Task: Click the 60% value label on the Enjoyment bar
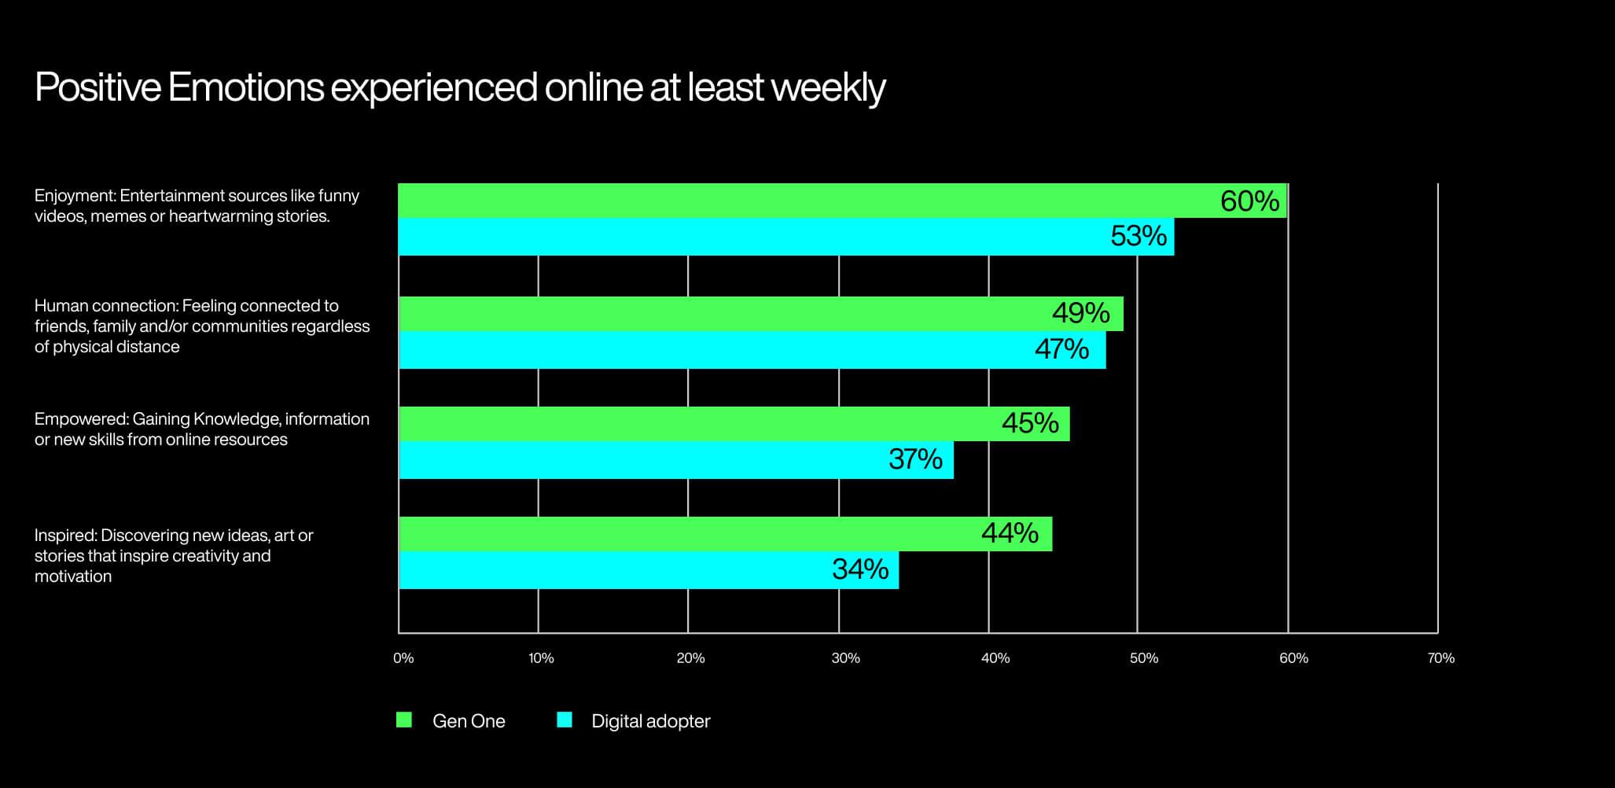pyautogui.click(x=1249, y=201)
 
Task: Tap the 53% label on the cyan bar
pyautogui.click(x=1138, y=236)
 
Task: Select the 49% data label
pyautogui.click(x=1080, y=313)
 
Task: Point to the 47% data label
pyautogui.click(x=1061, y=348)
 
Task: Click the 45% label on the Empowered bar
pyautogui.click(x=1030, y=423)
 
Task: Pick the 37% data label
pyautogui.click(x=915, y=458)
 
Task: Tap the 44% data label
pyautogui.click(x=1010, y=533)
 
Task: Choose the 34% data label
pyautogui.click(x=860, y=569)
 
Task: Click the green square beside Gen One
pyautogui.click(x=404, y=720)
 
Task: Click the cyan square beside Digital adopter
pyautogui.click(x=565, y=720)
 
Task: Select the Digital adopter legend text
pyautogui.click(x=650, y=721)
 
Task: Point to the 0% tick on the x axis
pyautogui.click(x=403, y=658)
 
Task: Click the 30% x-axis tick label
pyautogui.click(x=845, y=658)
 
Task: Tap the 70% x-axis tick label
pyautogui.click(x=1440, y=658)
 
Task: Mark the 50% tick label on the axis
pyautogui.click(x=1144, y=658)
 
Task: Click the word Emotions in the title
pyautogui.click(x=245, y=87)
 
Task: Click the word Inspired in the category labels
pyautogui.click(x=65, y=536)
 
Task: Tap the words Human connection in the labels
pyautogui.click(x=107, y=306)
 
